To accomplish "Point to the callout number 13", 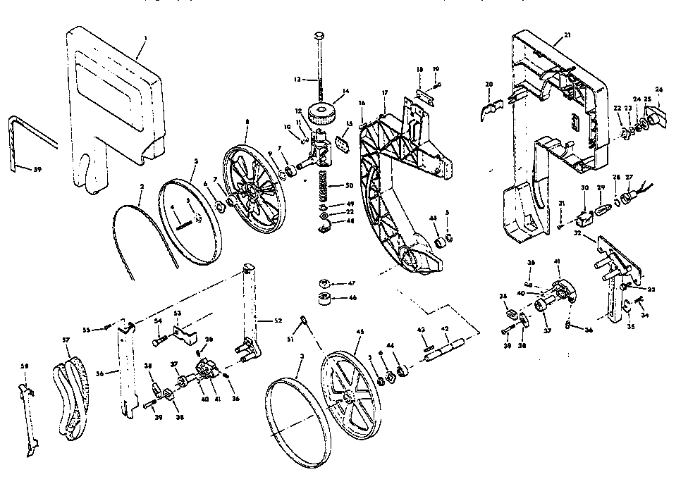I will click(x=297, y=80).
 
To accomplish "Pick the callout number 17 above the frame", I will click(x=385, y=93).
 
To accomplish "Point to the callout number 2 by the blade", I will click(x=141, y=187).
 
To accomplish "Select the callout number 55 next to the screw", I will click(x=87, y=329).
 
